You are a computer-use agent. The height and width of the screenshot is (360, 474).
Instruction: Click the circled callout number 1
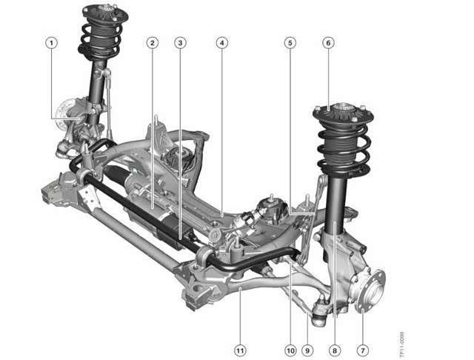pyautogui.click(x=51, y=43)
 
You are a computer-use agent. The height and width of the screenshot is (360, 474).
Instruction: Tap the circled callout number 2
pyautogui.click(x=153, y=43)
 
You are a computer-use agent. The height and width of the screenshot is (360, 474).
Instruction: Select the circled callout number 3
pyautogui.click(x=180, y=43)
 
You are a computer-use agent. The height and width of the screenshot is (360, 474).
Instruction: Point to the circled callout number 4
pyautogui.click(x=222, y=43)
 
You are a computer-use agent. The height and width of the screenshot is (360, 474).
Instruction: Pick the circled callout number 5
pyautogui.click(x=290, y=43)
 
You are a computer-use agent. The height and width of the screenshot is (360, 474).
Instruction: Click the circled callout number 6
pyautogui.click(x=329, y=43)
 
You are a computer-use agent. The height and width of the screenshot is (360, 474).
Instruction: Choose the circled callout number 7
pyautogui.click(x=363, y=350)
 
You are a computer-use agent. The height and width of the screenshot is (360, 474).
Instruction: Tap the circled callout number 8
pyautogui.click(x=335, y=350)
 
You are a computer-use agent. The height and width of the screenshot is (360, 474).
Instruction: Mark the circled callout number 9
pyautogui.click(x=307, y=350)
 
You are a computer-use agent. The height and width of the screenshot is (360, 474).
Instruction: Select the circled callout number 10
pyautogui.click(x=290, y=350)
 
